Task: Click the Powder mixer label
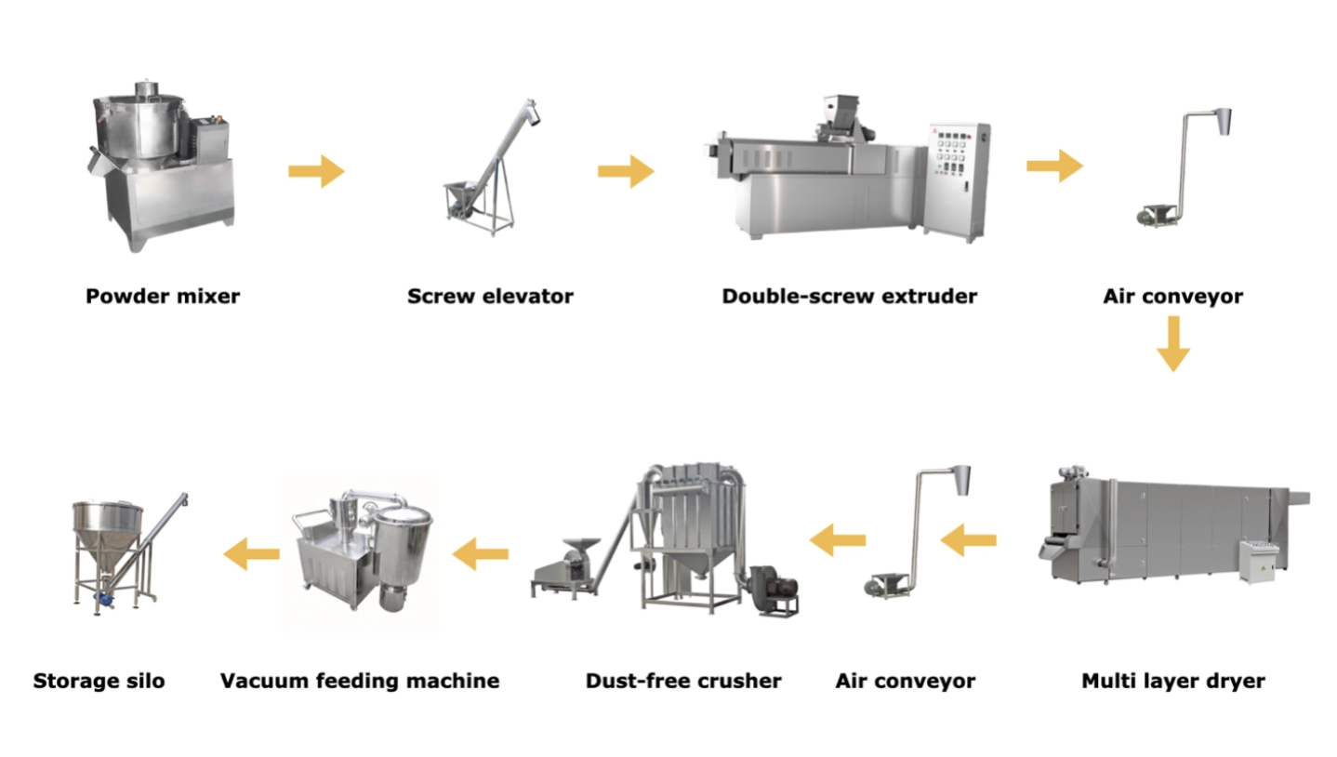pos(163,297)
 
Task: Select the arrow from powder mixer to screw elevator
pos(316,171)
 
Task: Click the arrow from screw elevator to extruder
pos(625,171)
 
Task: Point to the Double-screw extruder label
pos(849,297)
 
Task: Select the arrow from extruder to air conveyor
pos(1053,166)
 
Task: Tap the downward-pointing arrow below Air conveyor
pos(1172,343)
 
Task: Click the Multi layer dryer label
pos(1172,681)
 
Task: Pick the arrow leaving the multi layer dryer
pos(968,537)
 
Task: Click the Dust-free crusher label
pos(682,681)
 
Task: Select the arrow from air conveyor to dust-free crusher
pos(838,538)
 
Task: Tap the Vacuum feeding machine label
pos(359,681)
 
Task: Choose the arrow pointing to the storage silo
pos(252,554)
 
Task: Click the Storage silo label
pos(99,681)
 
